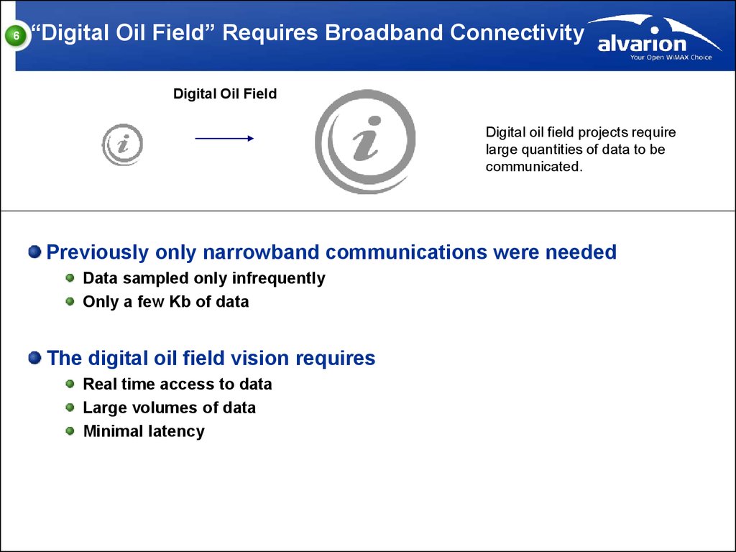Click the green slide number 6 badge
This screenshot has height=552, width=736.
17,36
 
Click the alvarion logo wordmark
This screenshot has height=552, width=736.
642,43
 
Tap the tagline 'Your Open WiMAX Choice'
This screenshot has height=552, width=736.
671,57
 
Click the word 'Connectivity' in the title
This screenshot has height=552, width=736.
517,34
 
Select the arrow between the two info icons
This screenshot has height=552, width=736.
224,139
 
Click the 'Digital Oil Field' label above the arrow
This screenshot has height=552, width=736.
225,94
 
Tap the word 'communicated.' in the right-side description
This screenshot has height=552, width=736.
534,167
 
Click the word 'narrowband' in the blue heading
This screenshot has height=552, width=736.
261,252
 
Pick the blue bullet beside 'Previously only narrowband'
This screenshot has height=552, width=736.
34,252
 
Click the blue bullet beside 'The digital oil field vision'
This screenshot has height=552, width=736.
34,358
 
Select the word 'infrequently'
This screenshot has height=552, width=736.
278,278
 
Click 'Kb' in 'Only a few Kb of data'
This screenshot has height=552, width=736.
180,301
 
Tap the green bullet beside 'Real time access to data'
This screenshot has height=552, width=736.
70,384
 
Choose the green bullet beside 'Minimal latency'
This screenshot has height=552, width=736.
70,431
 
